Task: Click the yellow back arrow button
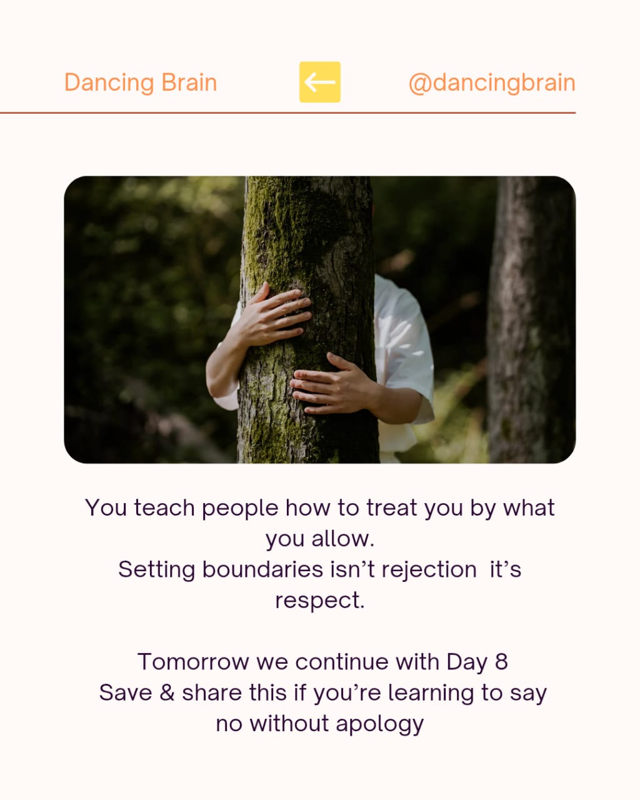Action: pyautogui.click(x=320, y=82)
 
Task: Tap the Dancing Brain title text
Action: pyautogui.click(x=141, y=82)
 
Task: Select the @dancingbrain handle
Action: pyautogui.click(x=492, y=82)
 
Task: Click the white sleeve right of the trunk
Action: pyautogui.click(x=404, y=349)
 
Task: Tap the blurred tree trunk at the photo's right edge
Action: pyautogui.click(x=532, y=320)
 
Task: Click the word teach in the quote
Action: pyautogui.click(x=164, y=507)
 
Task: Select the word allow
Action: pyautogui.click(x=342, y=539)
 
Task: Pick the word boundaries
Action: pyautogui.click(x=262, y=569)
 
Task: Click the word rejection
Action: pyautogui.click(x=429, y=570)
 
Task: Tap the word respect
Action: pyautogui.click(x=320, y=601)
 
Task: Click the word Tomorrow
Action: pyautogui.click(x=193, y=662)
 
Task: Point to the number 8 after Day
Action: pyautogui.click(x=501, y=662)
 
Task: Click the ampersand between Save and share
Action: pyautogui.click(x=167, y=693)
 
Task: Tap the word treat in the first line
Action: pyautogui.click(x=392, y=507)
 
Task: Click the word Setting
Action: pyautogui.click(x=156, y=570)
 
